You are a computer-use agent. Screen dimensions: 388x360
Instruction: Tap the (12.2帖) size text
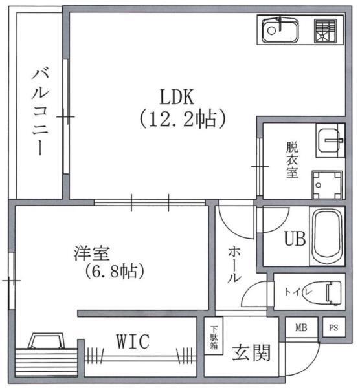pyautogui.click(x=181, y=119)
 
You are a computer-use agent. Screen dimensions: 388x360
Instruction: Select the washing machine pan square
pyautogui.click(x=327, y=185)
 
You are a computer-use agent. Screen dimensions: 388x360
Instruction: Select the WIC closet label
pyautogui.click(x=133, y=340)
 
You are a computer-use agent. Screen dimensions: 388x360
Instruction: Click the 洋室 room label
pyautogui.click(x=92, y=252)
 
